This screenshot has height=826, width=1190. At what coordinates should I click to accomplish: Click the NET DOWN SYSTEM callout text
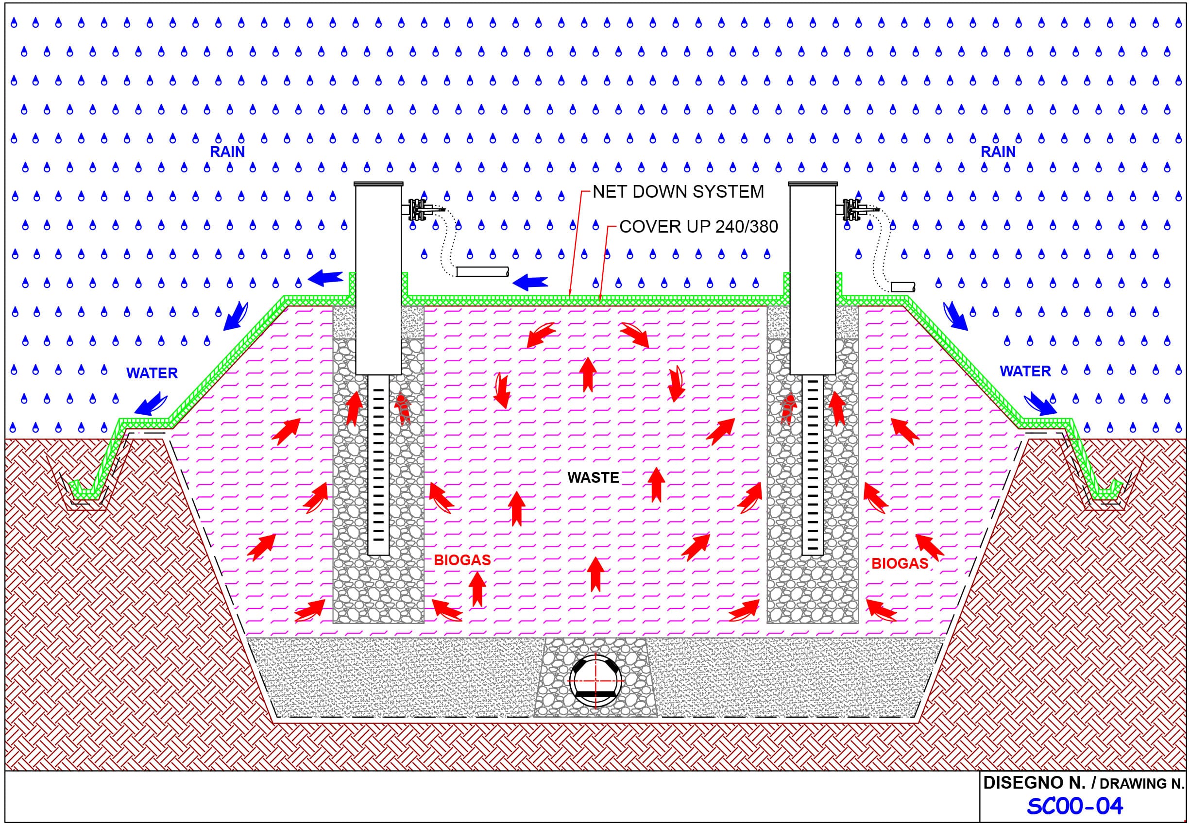(x=678, y=192)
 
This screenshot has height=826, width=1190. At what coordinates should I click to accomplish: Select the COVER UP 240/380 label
(x=698, y=227)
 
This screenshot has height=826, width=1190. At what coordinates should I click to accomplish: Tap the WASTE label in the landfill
(x=593, y=477)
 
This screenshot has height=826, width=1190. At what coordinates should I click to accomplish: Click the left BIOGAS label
(x=462, y=559)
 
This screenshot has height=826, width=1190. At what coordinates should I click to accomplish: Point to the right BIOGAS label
(x=900, y=564)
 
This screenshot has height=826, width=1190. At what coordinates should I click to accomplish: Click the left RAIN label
(x=227, y=152)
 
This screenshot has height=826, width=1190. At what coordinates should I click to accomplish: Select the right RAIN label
(x=998, y=152)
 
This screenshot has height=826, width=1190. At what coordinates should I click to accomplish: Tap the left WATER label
(x=152, y=373)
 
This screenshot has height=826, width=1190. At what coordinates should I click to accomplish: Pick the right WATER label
(x=1025, y=371)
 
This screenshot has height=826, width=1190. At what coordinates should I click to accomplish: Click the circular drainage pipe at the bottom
(x=595, y=681)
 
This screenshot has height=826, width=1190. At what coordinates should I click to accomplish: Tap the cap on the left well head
(x=378, y=184)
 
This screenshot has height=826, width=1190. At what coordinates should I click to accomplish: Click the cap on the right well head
(x=813, y=184)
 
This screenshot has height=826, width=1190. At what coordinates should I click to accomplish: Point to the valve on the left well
(x=418, y=210)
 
